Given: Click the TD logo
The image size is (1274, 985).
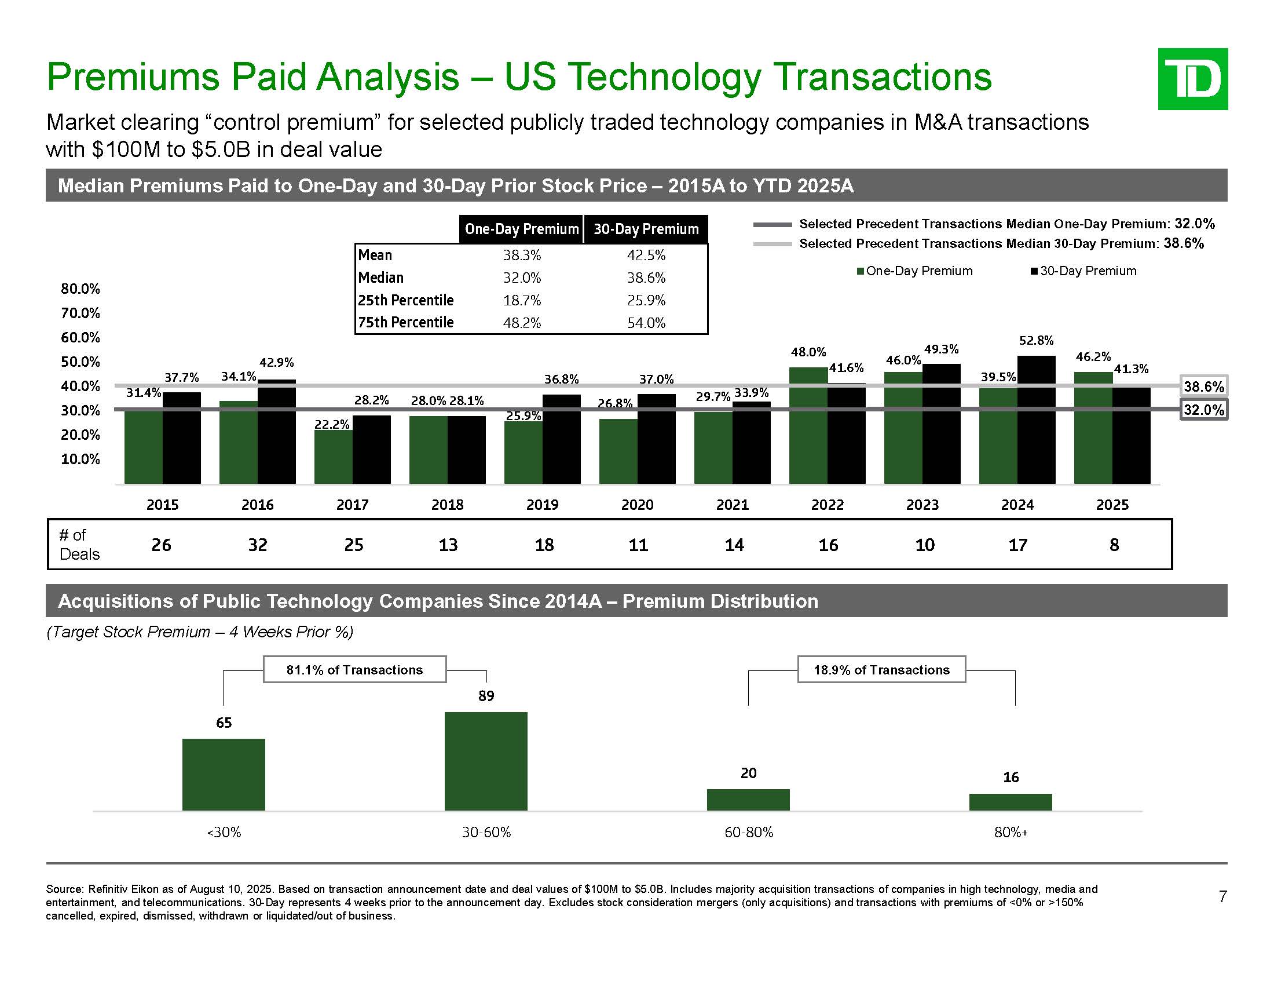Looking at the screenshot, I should (x=1192, y=79).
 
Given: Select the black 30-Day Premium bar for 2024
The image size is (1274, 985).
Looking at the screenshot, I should (x=1036, y=420).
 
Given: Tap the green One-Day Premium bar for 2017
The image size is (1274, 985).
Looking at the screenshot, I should (x=333, y=457).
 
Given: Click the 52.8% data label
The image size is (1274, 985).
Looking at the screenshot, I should (x=1036, y=340).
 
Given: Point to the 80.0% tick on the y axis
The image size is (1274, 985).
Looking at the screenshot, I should (x=80, y=289).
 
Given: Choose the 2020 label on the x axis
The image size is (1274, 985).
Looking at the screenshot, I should (x=637, y=505).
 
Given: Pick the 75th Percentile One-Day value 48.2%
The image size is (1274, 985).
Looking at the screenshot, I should (x=522, y=323).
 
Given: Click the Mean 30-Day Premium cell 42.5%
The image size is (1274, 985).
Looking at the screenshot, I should (x=646, y=255).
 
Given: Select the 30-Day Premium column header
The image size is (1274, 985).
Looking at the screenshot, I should (x=646, y=229).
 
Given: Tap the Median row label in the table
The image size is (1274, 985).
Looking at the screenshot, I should (x=381, y=278).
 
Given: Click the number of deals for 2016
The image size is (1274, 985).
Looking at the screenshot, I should (x=257, y=545).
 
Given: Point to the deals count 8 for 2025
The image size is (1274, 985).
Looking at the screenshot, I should (x=1114, y=545).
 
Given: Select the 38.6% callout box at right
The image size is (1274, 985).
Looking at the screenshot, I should (x=1203, y=386).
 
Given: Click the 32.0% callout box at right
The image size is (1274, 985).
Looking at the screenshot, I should (x=1203, y=410).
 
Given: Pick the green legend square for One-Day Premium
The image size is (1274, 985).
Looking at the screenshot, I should (x=861, y=271).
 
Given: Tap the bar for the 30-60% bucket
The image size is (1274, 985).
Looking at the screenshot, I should (x=485, y=761).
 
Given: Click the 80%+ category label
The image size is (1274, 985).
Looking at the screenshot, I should (x=1011, y=833).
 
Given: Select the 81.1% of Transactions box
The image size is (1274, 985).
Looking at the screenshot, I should (x=354, y=670).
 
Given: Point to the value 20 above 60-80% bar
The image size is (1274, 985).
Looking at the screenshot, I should (x=748, y=773).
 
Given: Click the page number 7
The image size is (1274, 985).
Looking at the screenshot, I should (x=1222, y=896).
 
